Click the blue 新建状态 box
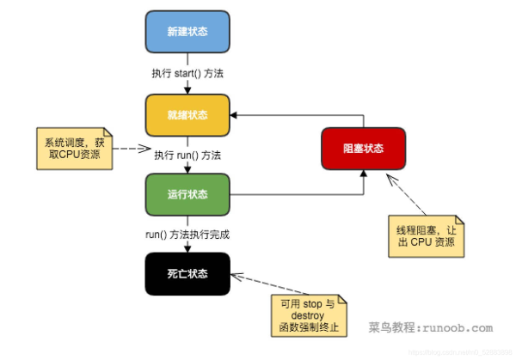coord(187,31)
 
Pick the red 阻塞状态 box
coord(363,148)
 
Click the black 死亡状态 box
coord(187,274)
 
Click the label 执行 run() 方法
coord(187,156)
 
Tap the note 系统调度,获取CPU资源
coord(73,147)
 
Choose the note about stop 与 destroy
coord(307,315)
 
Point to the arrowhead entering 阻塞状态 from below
coord(363,174)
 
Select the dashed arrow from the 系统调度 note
coord(127,147)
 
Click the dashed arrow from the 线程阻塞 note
coord(411,197)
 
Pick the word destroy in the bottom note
coord(307,315)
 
